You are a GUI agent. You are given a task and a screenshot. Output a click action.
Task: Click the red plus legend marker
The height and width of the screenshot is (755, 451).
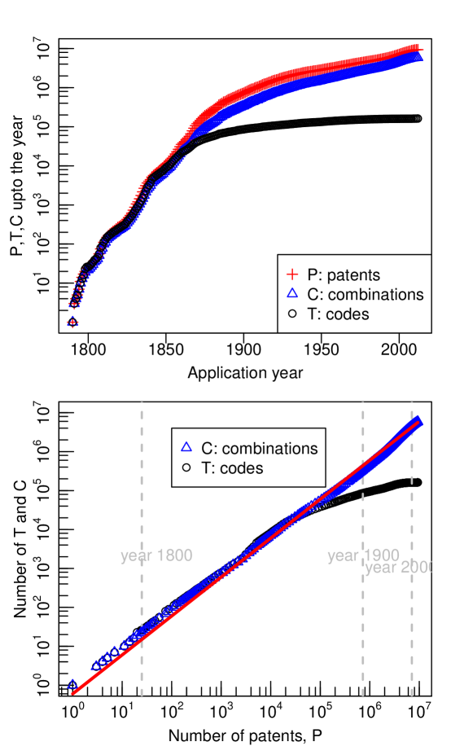click(x=292, y=274)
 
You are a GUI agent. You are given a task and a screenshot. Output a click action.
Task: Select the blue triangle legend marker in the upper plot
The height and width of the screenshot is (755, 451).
click(x=292, y=293)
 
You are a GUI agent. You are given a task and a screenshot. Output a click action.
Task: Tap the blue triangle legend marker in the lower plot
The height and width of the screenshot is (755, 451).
click(x=186, y=447)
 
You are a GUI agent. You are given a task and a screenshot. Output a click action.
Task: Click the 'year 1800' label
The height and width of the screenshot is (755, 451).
click(x=156, y=556)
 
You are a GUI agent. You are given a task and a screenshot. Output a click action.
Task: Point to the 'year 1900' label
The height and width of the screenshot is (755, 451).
click(x=363, y=556)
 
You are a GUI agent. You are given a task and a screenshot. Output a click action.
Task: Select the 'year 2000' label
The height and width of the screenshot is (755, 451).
click(x=398, y=568)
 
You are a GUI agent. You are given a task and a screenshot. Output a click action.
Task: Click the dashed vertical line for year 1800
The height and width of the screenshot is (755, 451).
click(x=142, y=489)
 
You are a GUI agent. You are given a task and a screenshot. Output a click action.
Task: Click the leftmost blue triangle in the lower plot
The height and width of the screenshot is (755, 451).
click(x=72, y=684)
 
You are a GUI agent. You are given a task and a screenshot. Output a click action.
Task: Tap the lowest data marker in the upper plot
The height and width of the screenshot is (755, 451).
click(x=72, y=323)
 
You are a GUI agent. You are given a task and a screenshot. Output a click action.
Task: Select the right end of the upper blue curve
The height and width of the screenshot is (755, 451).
click(x=420, y=59)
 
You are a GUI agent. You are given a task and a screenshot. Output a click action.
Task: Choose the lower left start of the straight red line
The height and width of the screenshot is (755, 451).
click(x=73, y=693)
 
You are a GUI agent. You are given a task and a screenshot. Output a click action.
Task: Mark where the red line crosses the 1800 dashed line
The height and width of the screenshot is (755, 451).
click(x=142, y=640)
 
